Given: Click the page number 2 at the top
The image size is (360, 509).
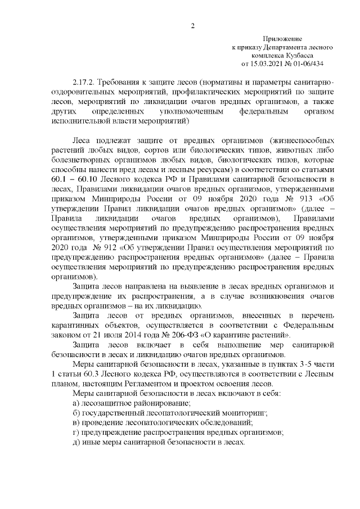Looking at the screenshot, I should point(193,26).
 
